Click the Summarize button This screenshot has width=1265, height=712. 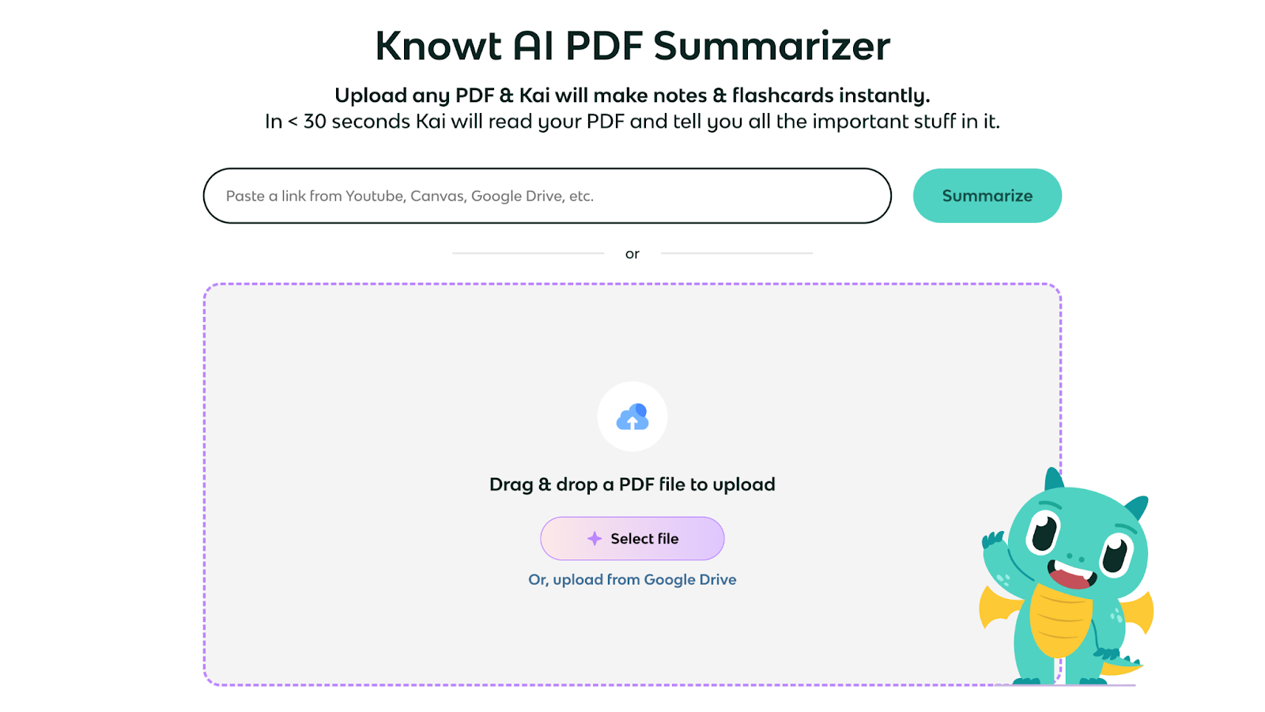987,196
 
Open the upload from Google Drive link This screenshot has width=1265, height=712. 632,580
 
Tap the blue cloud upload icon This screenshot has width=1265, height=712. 632,417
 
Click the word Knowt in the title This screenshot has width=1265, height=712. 438,46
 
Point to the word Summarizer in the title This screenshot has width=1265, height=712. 772,46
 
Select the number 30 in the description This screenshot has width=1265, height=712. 315,122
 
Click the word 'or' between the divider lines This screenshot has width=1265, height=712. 632,254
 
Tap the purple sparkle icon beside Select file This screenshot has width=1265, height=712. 595,539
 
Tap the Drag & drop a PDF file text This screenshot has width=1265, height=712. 632,484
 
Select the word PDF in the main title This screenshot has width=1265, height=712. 604,46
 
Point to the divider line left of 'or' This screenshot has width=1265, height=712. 528,254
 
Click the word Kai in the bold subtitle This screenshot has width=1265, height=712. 534,96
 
